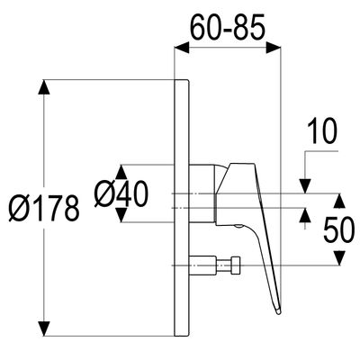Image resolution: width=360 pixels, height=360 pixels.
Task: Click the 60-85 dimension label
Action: (x=228, y=28)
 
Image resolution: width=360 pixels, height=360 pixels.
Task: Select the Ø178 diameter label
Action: (x=44, y=208)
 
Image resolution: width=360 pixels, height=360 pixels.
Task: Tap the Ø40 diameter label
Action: (x=121, y=193)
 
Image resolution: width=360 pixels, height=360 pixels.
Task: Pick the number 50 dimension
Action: (x=339, y=229)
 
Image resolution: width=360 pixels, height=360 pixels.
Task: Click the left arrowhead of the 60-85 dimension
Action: (x=182, y=48)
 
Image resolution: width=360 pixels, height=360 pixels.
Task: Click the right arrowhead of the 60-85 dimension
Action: (x=274, y=48)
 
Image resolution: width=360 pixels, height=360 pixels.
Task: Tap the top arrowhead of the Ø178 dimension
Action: (x=45, y=87)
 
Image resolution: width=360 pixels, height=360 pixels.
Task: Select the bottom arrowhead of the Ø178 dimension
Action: (x=45, y=328)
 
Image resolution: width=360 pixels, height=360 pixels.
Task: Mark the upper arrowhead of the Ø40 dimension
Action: (x=121, y=172)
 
